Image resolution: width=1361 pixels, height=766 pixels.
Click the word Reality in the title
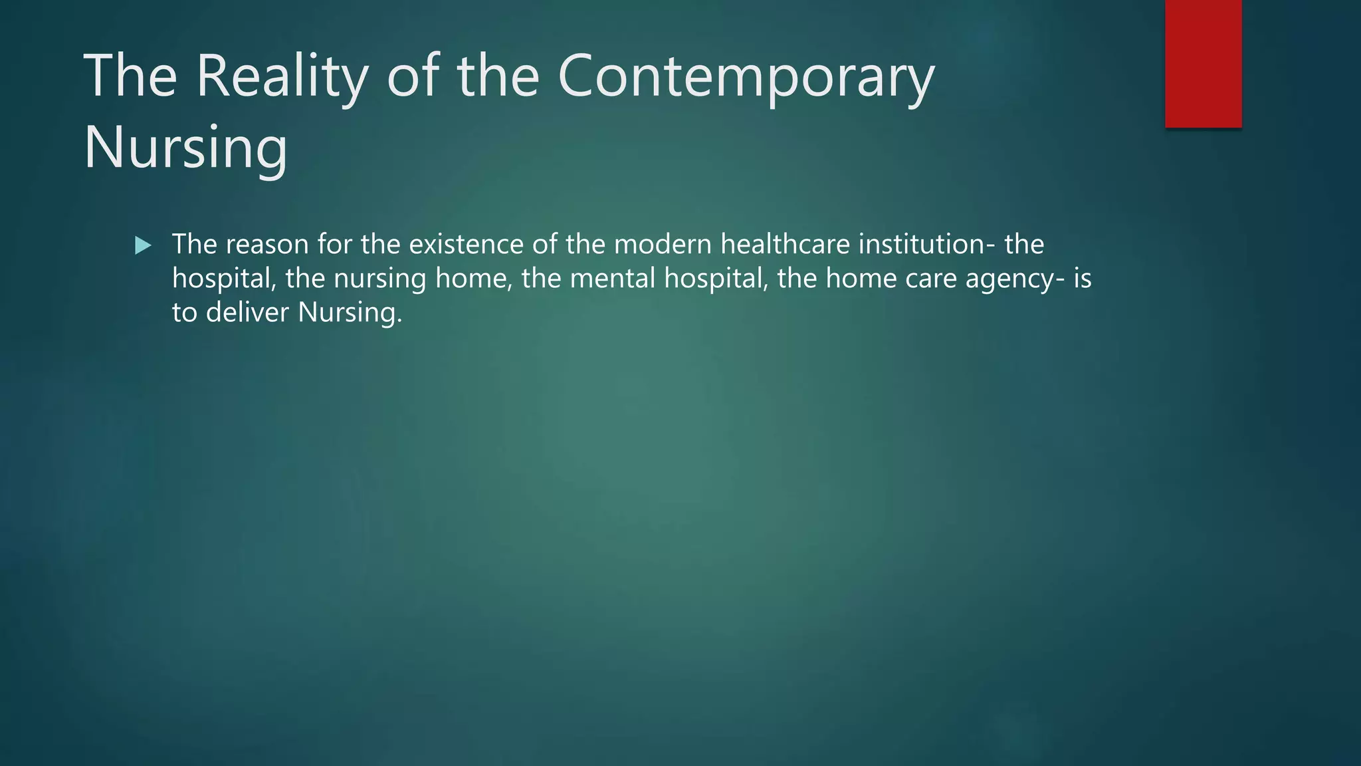point(282,78)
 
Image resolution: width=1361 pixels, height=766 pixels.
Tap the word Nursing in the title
point(185,148)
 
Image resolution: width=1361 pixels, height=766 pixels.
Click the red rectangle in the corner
point(1203,63)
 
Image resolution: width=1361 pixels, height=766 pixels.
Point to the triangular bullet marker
point(143,246)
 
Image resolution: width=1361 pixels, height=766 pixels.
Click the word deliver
point(248,313)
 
